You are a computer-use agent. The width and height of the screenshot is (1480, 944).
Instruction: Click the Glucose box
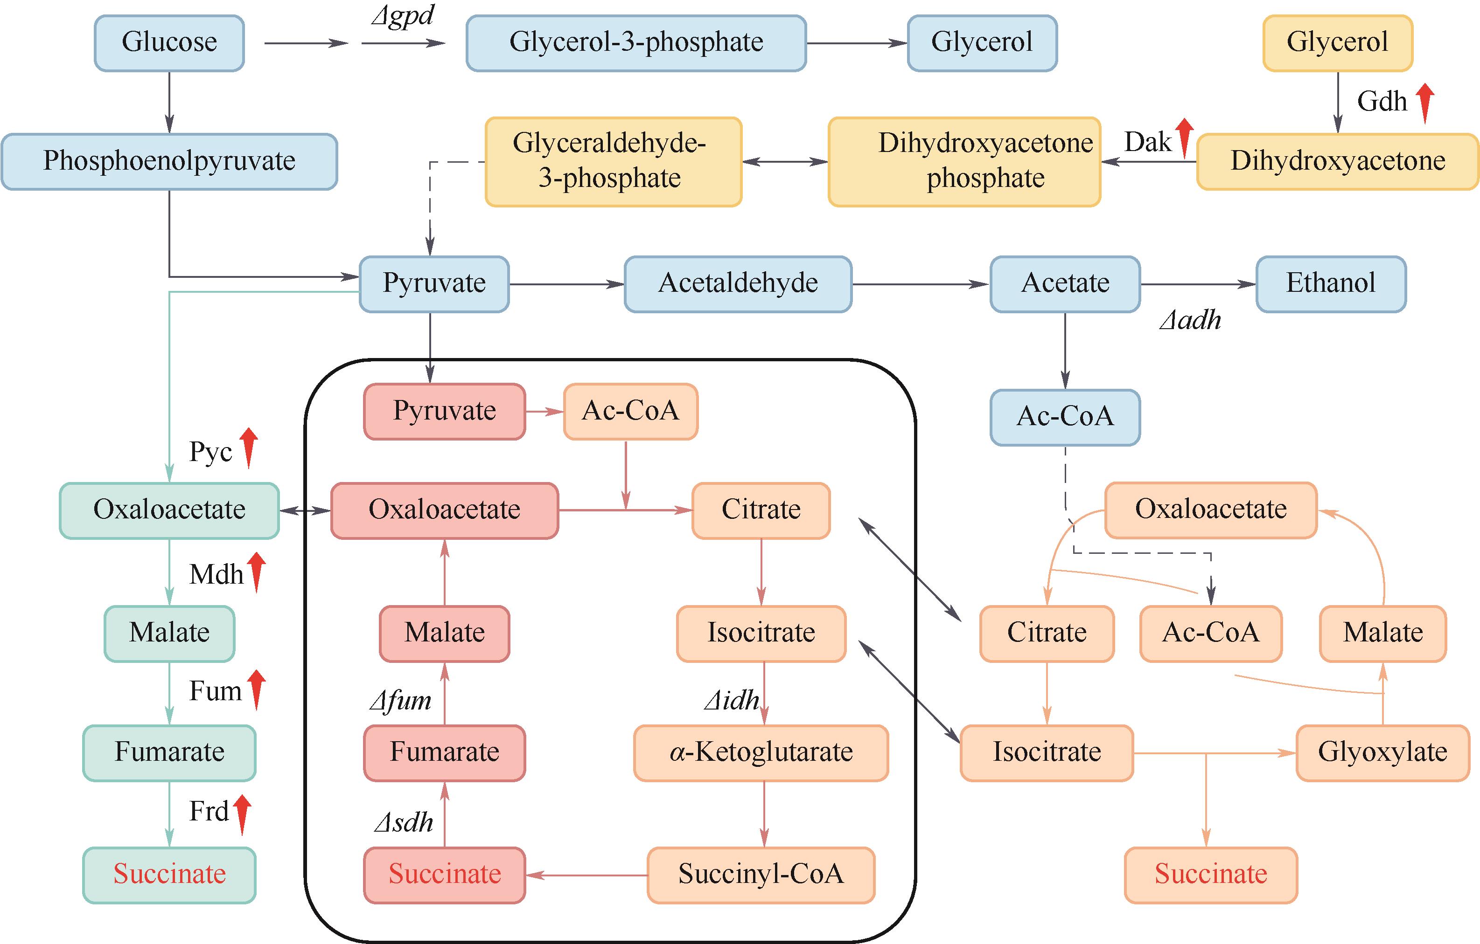point(169,43)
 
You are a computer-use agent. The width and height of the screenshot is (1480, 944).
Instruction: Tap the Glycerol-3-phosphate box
point(635,43)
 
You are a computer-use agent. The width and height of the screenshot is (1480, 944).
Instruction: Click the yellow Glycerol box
point(1337,43)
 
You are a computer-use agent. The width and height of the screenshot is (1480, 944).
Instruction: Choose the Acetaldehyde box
point(738,284)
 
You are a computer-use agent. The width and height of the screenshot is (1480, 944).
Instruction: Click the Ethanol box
point(1331,284)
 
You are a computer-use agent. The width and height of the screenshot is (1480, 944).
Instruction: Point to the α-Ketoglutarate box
point(761,752)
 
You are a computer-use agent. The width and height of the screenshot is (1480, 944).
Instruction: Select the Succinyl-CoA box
point(761,875)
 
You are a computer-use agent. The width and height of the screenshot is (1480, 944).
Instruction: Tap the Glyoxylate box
point(1382,752)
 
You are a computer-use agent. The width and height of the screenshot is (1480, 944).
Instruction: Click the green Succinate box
point(169,875)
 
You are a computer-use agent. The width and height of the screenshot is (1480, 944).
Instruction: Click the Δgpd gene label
point(403,16)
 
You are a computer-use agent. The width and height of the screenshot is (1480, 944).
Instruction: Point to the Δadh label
point(1190,321)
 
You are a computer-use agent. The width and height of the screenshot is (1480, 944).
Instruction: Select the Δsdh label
point(404,823)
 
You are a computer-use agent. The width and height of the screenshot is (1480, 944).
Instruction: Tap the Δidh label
point(732,701)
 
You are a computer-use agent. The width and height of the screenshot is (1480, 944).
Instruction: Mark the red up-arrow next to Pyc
point(248,448)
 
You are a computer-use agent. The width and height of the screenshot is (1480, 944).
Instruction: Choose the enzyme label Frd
point(209,812)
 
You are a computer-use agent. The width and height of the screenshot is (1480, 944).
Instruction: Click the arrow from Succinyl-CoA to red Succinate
point(586,875)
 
